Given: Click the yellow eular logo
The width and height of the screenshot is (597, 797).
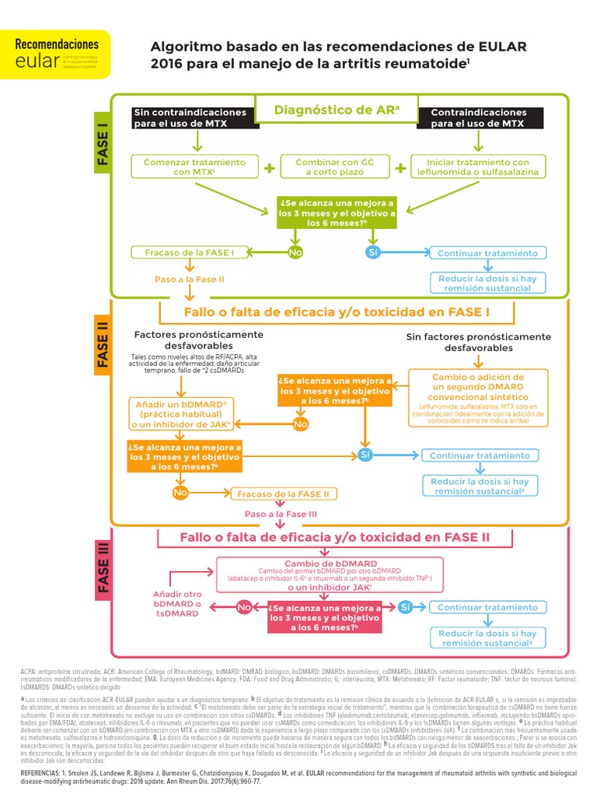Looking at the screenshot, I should point(55,54).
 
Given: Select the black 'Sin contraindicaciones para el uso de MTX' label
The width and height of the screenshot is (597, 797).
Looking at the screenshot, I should point(190,118).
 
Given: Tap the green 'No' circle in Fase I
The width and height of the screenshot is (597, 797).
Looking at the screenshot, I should point(295,253).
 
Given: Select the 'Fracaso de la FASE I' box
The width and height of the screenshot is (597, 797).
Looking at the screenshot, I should point(189,253).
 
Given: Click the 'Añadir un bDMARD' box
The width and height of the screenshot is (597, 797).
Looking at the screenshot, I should point(183,413).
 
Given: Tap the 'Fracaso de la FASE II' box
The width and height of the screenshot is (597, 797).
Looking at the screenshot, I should point(282,493).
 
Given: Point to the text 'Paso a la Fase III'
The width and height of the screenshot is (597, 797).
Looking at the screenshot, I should point(281,514).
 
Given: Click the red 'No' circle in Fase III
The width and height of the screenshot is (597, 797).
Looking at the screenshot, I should point(244,607).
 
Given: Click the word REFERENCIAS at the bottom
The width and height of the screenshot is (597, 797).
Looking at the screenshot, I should point(44,774).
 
